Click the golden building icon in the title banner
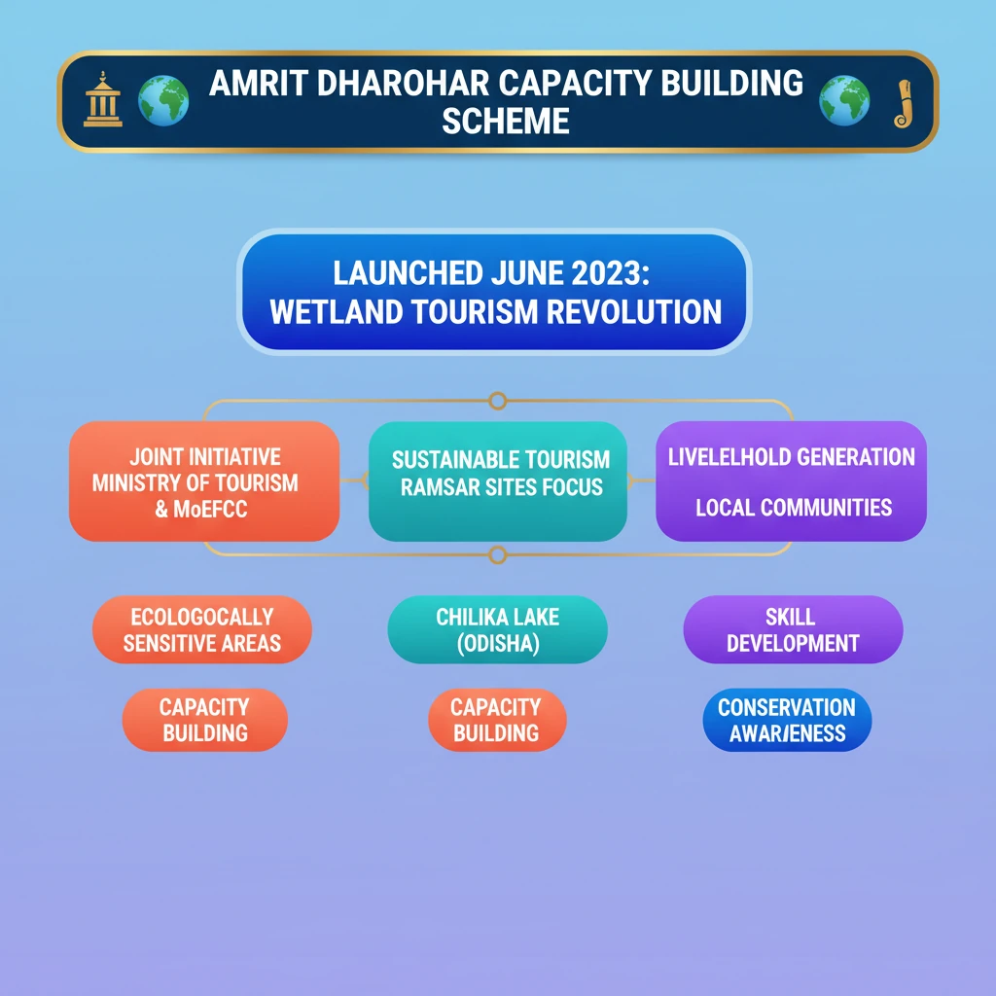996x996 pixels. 102,101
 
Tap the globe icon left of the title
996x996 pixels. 162,101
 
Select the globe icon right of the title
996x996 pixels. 843,101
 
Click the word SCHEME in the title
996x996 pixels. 505,122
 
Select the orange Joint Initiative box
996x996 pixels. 204,481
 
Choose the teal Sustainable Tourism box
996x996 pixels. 498,481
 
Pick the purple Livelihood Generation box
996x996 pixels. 791,481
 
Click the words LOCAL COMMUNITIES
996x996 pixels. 794,507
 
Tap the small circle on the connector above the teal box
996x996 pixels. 498,401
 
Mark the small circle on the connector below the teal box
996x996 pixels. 498,554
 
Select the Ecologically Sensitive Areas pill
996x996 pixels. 202,629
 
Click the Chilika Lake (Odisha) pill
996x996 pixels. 497,629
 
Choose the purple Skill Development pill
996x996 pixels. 793,629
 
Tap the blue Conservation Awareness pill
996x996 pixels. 787,720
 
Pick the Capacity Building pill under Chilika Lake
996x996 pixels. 497,720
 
